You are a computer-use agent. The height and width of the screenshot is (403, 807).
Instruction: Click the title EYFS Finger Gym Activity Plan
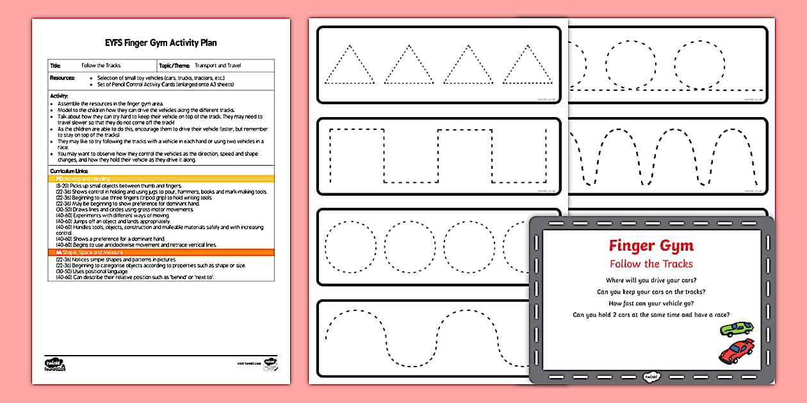pyautogui.click(x=161, y=43)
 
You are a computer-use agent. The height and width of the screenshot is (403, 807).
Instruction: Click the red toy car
pyautogui.click(x=736, y=351)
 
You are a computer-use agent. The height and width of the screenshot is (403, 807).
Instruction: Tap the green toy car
pyautogui.click(x=737, y=329)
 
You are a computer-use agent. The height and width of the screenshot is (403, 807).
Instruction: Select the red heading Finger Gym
pyautogui.click(x=651, y=246)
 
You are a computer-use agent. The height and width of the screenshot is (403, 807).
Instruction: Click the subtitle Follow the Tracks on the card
pyautogui.click(x=651, y=264)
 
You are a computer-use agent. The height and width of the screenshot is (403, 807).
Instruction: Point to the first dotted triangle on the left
pyautogui.click(x=349, y=66)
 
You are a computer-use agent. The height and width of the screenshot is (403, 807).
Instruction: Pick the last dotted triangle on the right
pyautogui.click(x=526, y=66)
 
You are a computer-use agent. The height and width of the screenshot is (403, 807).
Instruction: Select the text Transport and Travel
pyautogui.click(x=218, y=65)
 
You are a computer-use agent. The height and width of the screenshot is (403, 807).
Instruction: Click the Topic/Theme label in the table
pyautogui.click(x=174, y=65)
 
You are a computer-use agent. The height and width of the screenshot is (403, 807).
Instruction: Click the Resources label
pyautogui.click(x=63, y=77)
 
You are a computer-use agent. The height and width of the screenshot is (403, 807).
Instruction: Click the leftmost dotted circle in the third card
pyautogui.click(x=348, y=246)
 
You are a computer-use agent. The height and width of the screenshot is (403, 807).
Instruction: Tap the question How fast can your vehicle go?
pyautogui.click(x=651, y=303)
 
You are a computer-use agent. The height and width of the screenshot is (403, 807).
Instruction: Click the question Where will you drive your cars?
pyautogui.click(x=651, y=280)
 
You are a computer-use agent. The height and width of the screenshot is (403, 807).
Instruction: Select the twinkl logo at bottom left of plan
pyautogui.click(x=55, y=362)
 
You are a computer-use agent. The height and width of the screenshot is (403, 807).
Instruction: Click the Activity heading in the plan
pyautogui.click(x=59, y=96)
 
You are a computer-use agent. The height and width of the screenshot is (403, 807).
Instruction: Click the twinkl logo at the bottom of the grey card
pyautogui.click(x=651, y=375)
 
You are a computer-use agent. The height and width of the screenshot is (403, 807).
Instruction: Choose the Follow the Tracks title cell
pyautogui.click(x=101, y=65)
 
